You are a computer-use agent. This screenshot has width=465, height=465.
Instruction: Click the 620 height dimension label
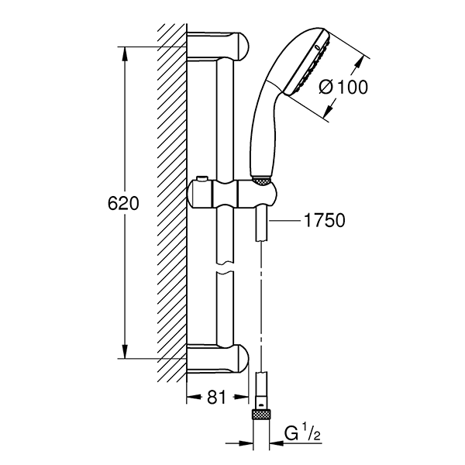tap(122, 204)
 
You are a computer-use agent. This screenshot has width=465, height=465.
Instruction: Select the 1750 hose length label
tap(324, 221)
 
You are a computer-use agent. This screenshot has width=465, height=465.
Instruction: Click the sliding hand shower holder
tap(231, 194)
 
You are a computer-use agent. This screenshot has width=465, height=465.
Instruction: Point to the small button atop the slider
tap(201, 180)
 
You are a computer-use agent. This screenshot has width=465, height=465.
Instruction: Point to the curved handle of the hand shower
tap(261, 124)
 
